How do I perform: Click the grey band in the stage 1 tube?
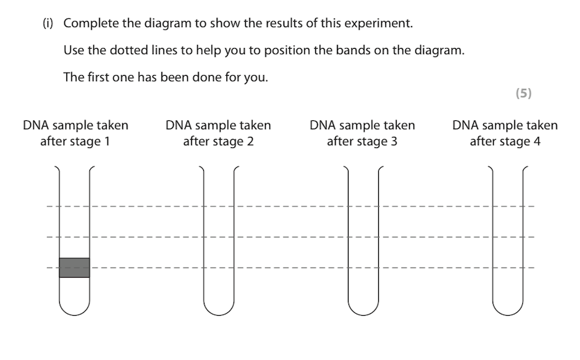click(x=74, y=267)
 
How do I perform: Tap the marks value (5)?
click(x=523, y=93)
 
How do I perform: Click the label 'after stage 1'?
click(x=75, y=141)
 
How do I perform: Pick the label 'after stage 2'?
click(x=218, y=141)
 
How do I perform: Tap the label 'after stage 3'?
click(x=362, y=141)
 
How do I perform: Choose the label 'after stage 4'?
click(x=505, y=141)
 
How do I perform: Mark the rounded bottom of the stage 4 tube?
click(x=507, y=307)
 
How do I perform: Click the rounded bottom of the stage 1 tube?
click(x=75, y=307)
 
